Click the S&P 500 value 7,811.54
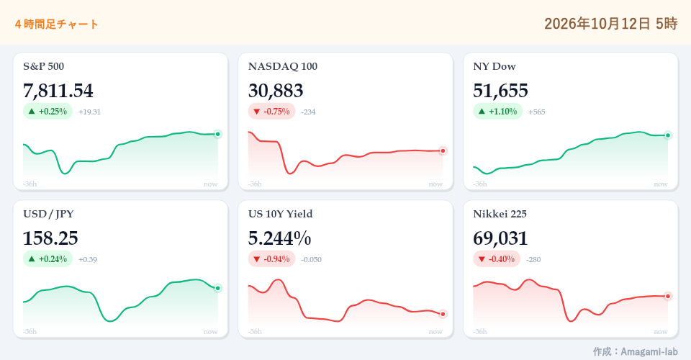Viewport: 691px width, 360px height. click(58, 91)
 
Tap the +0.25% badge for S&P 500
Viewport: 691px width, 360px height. click(48, 112)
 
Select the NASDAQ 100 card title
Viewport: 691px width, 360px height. click(282, 66)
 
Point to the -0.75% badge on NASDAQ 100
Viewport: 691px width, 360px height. click(271, 112)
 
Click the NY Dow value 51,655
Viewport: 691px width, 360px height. click(500, 91)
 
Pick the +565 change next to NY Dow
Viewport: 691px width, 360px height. click(537, 112)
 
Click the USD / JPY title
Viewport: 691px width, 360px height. click(48, 214)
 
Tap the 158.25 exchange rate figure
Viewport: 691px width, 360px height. click(50, 238)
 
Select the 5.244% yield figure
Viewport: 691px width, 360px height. click(279, 238)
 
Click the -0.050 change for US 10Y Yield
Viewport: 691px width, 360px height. click(311, 259)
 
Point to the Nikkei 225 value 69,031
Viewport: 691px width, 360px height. click(500, 238)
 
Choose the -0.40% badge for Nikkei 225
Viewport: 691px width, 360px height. click(497, 259)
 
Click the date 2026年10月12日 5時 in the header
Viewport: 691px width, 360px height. click(611, 23)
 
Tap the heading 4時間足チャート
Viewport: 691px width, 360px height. click(56, 24)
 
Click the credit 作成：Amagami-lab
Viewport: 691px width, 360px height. click(635, 351)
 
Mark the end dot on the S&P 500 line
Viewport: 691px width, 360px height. click(217, 134)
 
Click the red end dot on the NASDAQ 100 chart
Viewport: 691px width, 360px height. click(443, 150)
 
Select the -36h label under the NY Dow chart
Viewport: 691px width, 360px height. click(480, 184)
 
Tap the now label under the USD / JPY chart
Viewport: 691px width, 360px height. click(211, 331)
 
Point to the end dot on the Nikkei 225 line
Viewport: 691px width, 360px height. click(668, 296)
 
